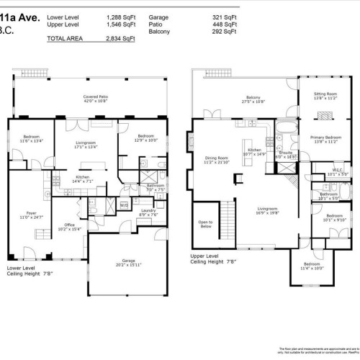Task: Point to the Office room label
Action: click(70, 226)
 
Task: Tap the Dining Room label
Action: click(216, 160)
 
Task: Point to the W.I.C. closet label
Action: click(337, 172)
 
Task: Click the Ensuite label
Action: click(286, 153)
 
